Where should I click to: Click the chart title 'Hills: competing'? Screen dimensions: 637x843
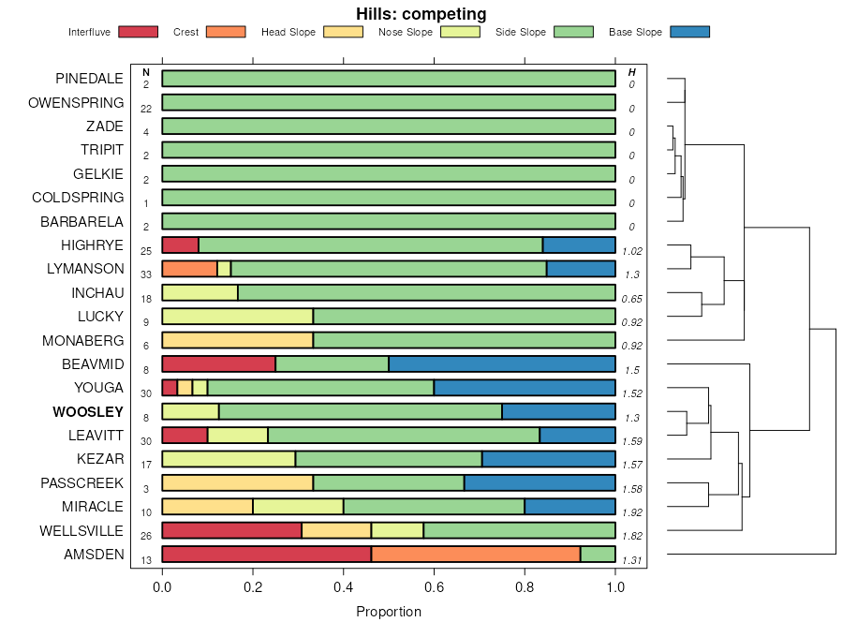click(x=421, y=14)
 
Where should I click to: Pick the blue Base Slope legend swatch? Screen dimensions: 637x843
click(x=690, y=32)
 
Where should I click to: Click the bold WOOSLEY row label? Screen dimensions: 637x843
click(x=88, y=411)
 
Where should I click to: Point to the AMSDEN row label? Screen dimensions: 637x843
click(x=94, y=554)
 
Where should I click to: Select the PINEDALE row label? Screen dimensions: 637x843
click(x=89, y=79)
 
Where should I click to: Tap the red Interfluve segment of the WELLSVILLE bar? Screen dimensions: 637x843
click(x=231, y=530)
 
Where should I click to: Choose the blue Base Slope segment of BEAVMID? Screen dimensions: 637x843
click(x=502, y=363)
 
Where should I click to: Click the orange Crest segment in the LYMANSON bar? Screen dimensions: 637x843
click(x=189, y=269)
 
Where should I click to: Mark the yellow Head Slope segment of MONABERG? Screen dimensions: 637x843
click(x=237, y=340)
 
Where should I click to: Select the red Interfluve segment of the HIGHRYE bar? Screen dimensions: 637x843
click(x=180, y=245)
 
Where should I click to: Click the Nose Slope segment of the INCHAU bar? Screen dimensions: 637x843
click(x=200, y=292)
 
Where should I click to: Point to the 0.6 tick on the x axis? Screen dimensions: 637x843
click(x=434, y=587)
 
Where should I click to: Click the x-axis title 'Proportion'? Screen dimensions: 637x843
click(x=389, y=612)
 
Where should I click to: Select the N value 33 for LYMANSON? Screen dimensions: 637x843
click(x=146, y=274)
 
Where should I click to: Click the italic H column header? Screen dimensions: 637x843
click(x=631, y=71)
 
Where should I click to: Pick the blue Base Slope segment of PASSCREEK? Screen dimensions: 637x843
click(x=540, y=482)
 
